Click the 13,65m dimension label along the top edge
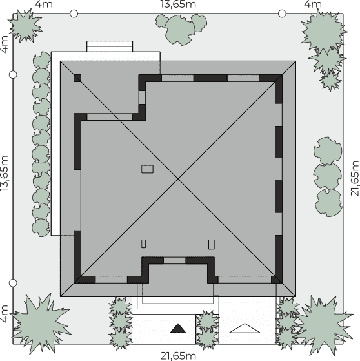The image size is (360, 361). [x=178, y=4]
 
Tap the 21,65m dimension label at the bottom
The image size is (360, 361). [x=178, y=356]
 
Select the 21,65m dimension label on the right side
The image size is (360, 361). [x=355, y=179]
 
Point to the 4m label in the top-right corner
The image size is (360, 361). [x=313, y=4]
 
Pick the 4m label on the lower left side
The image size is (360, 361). [x=5, y=314]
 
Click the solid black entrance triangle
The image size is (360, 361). [x=178, y=328]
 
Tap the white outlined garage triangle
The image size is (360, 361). [x=245, y=328]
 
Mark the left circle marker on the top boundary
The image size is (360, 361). [x=74, y=14]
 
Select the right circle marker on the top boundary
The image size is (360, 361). [x=282, y=14]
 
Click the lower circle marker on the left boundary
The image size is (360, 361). [x=13, y=283]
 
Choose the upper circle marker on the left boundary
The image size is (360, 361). [x=13, y=75]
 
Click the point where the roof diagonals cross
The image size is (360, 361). [x=178, y=179]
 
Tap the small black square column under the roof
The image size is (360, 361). [x=77, y=78]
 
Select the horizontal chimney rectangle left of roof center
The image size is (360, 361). [x=148, y=169]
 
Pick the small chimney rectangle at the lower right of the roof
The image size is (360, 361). [x=212, y=245]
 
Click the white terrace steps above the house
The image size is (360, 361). [x=110, y=46]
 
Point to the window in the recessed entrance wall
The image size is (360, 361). [x=175, y=261]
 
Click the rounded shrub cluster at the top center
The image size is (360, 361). [x=181, y=29]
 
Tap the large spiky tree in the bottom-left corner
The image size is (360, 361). [x=41, y=324]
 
